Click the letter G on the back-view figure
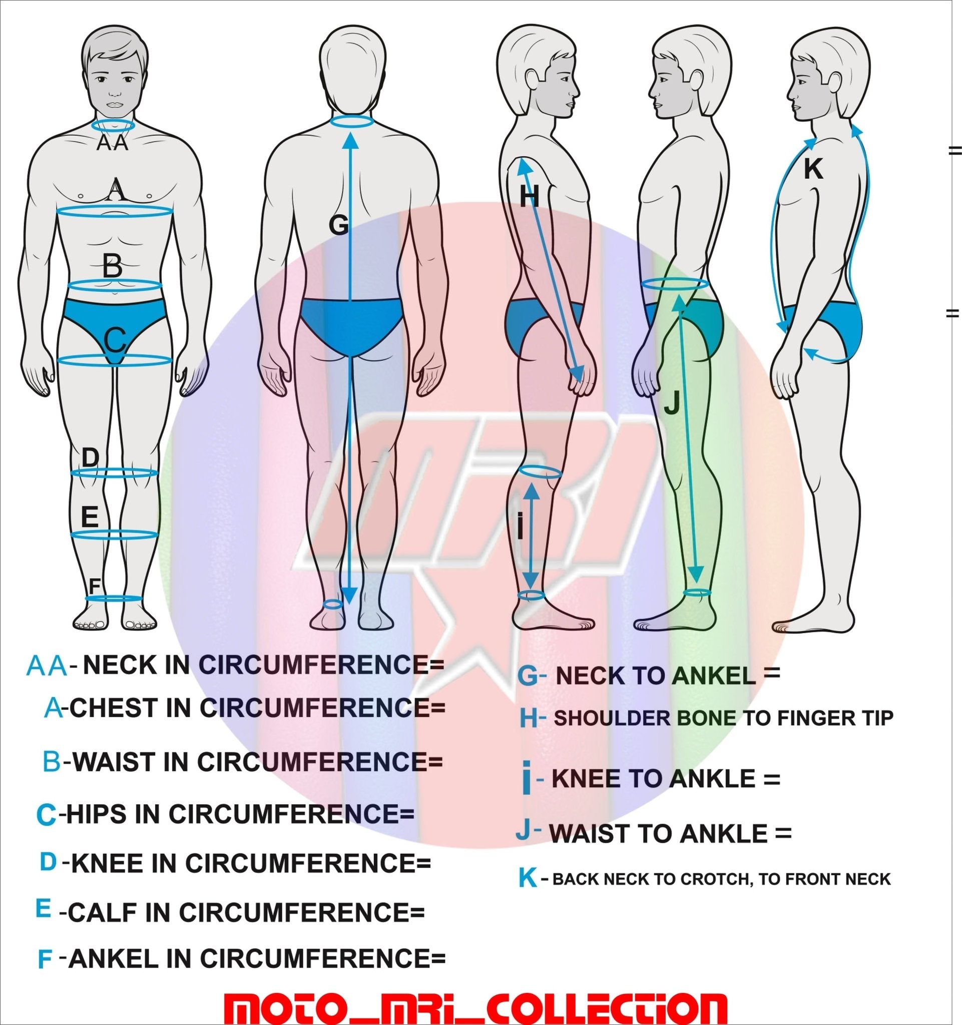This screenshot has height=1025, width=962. [339, 225]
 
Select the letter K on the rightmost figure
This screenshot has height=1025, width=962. [813, 168]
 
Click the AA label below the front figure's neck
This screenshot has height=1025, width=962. [113, 143]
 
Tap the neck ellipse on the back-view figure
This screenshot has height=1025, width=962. [351, 122]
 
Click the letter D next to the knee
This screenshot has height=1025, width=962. [90, 457]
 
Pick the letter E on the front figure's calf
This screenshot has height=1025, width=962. [90, 516]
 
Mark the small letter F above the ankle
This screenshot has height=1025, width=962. [94, 586]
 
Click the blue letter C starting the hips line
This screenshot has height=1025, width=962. [46, 815]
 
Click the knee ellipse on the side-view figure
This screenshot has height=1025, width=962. [539, 471]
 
